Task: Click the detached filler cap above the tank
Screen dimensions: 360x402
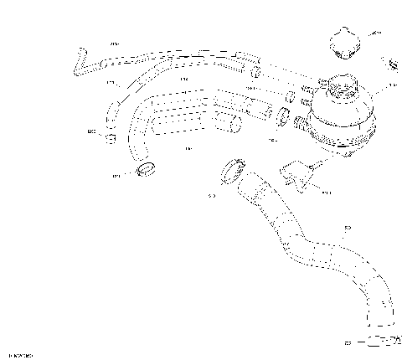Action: click(x=343, y=41)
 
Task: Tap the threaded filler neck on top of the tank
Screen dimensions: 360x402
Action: click(x=339, y=84)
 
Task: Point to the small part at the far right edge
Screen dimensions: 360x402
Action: click(x=392, y=64)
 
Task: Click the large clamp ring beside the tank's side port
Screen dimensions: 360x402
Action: click(x=285, y=115)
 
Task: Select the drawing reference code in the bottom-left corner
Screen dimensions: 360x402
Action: click(x=20, y=356)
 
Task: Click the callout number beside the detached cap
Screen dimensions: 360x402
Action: click(x=375, y=33)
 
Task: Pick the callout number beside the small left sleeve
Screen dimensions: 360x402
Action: click(x=90, y=131)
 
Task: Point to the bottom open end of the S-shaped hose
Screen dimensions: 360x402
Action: click(x=381, y=322)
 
